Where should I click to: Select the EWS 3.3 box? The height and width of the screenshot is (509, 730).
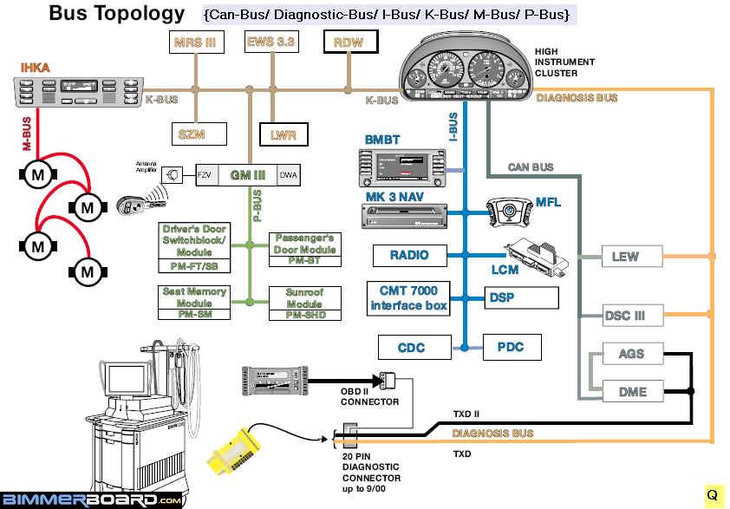click(x=271, y=42)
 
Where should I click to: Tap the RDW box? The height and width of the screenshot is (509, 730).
click(x=348, y=42)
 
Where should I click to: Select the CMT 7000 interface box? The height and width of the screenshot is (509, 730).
click(x=408, y=298)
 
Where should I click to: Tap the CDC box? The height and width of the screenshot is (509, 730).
click(x=411, y=348)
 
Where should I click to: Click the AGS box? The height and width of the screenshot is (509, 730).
click(x=632, y=355)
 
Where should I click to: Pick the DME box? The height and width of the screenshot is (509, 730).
click(x=632, y=391)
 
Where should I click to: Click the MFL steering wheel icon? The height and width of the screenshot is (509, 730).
click(x=512, y=211)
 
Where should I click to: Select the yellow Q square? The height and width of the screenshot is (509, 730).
click(x=712, y=495)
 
